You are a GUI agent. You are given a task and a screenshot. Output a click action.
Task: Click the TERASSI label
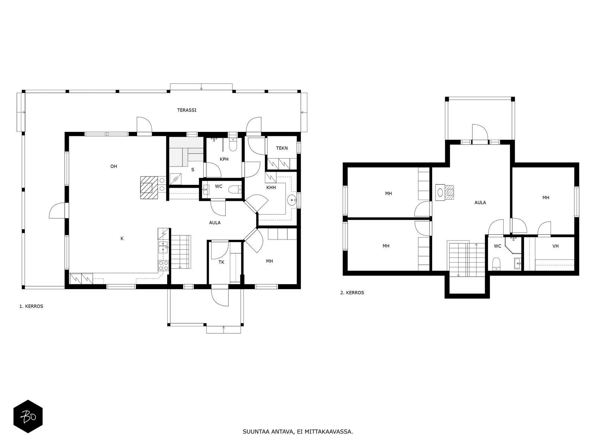point(187,110)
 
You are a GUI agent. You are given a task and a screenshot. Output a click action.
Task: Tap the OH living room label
point(114,167)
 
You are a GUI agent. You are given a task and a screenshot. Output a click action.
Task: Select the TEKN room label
point(282,148)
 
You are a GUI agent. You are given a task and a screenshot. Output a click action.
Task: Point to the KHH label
point(271,187)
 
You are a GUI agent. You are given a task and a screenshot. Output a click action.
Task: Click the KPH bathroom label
point(224,159)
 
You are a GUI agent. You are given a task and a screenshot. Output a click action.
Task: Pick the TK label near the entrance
point(221,262)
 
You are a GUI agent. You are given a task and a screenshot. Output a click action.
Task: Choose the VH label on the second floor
point(555,246)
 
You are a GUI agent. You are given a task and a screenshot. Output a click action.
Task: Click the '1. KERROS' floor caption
point(31,306)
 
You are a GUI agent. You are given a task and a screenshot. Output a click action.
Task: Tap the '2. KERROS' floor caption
point(352,292)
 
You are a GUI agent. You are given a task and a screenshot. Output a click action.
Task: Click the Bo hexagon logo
point(28,416)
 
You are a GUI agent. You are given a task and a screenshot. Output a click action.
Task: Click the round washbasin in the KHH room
point(291,201)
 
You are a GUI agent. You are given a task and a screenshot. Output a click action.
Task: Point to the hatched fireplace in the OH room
point(149,187)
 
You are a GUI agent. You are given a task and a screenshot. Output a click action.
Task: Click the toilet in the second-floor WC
point(496,264)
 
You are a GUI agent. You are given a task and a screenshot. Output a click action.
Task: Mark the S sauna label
point(193,170)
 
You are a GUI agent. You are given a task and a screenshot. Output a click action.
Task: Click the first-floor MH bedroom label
point(269,261)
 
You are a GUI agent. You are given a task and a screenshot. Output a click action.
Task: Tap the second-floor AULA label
point(480,203)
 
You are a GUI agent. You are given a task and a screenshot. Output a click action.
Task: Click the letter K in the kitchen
point(122,238)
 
